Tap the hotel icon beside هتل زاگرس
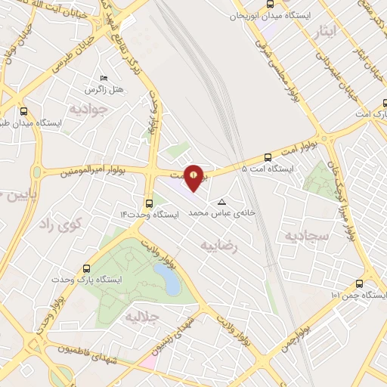(x=104, y=78)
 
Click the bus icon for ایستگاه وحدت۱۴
(x=149, y=203)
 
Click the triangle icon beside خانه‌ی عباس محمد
(x=221, y=202)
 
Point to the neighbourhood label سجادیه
(x=307, y=237)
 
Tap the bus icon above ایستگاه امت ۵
(x=268, y=157)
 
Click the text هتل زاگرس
(x=104, y=89)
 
